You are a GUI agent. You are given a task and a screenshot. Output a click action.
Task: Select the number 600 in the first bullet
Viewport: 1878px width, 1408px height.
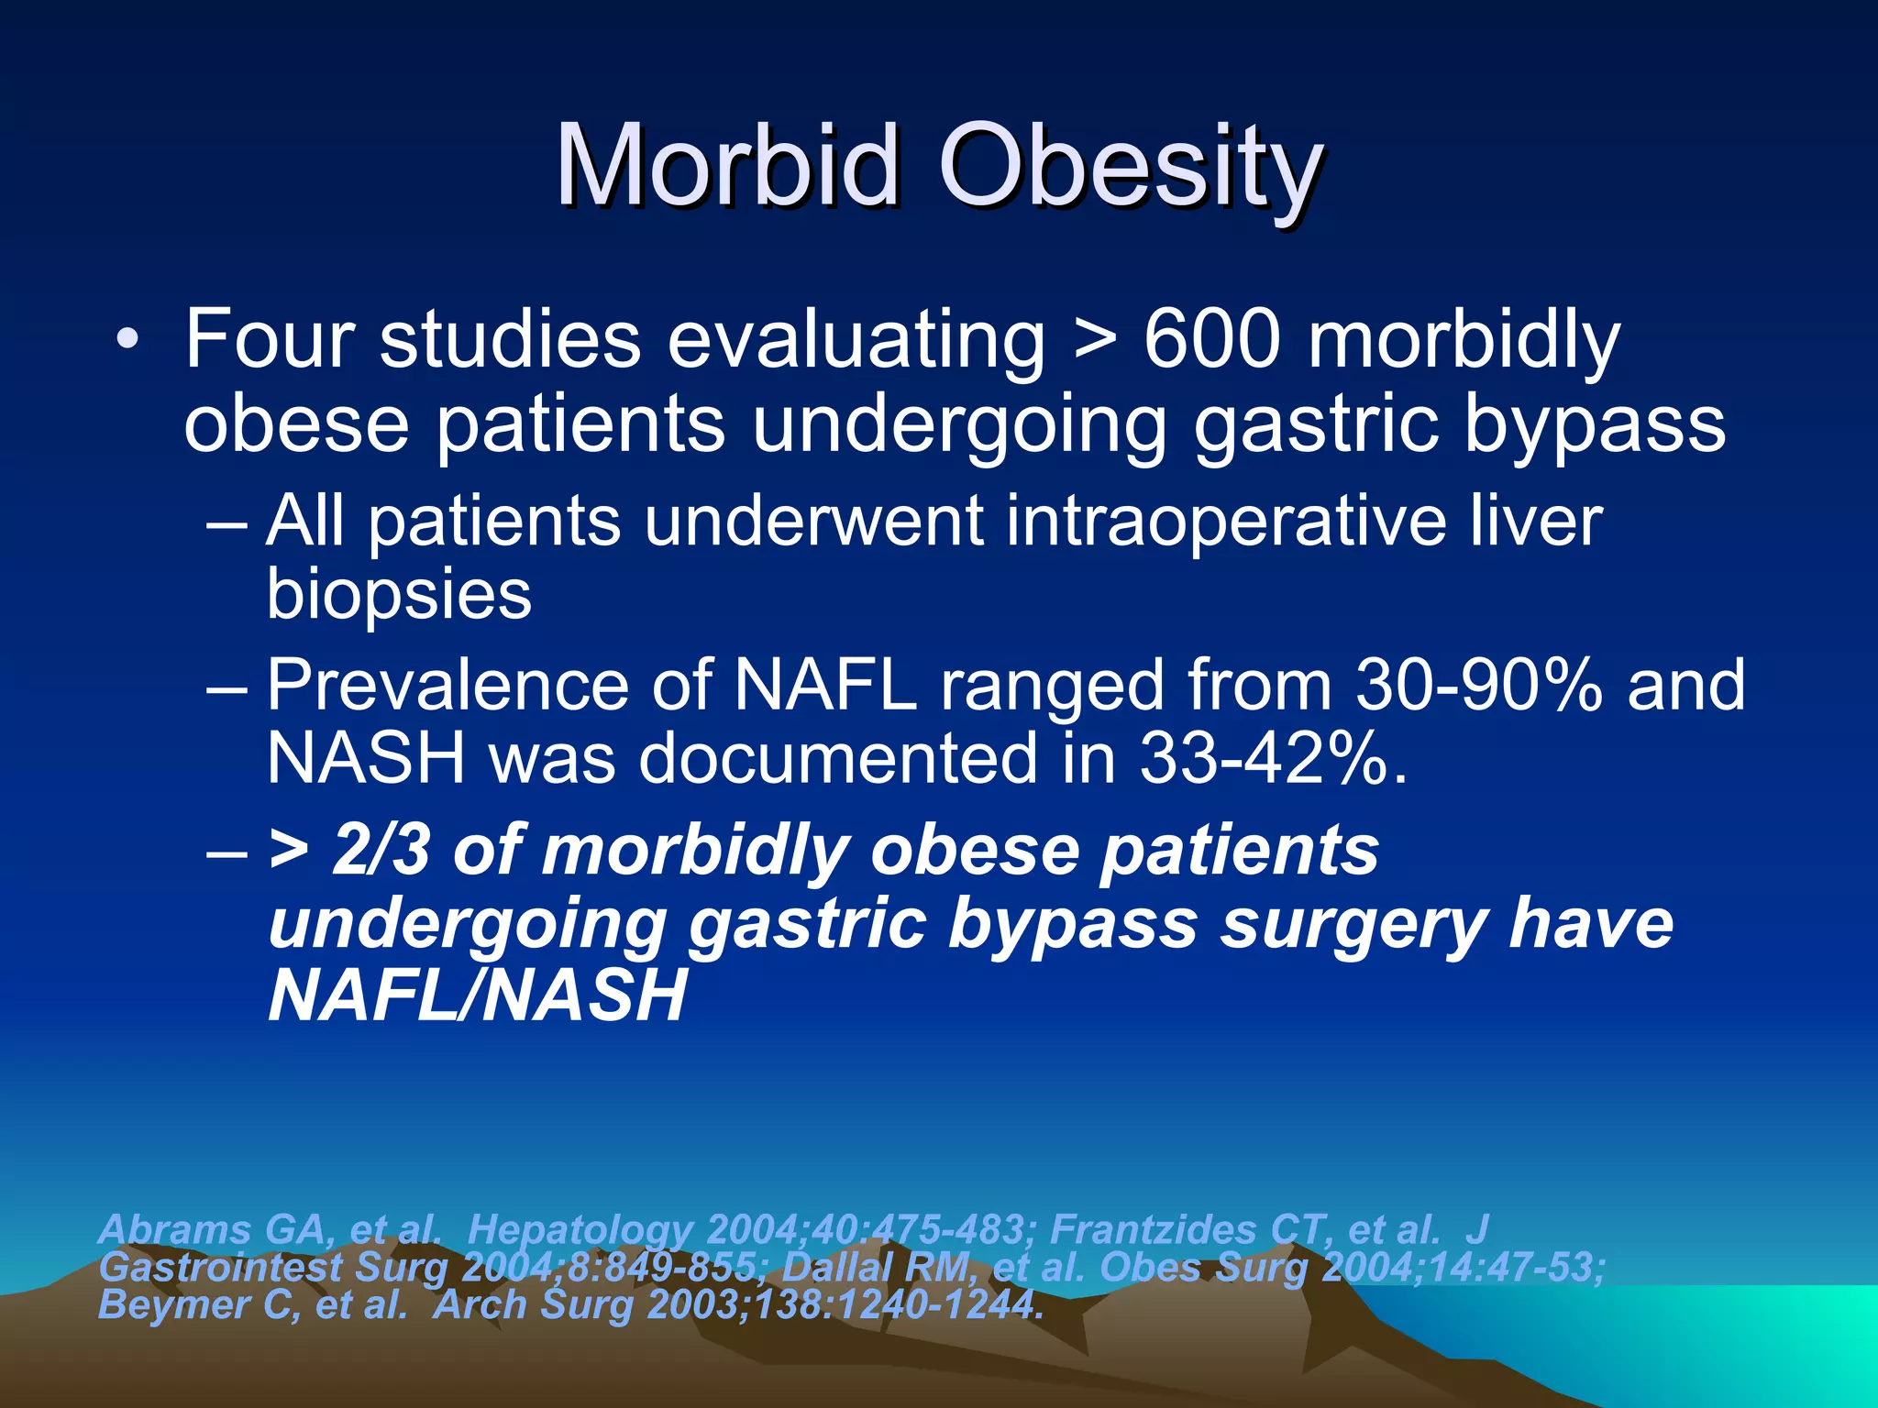pos(1211,340)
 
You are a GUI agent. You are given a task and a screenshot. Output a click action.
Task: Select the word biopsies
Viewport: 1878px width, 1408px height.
pos(399,594)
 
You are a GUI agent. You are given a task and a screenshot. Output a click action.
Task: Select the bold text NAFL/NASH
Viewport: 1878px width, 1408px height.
pos(477,995)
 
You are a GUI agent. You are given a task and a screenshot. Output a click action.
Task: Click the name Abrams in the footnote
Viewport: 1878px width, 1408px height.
pos(174,1229)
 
